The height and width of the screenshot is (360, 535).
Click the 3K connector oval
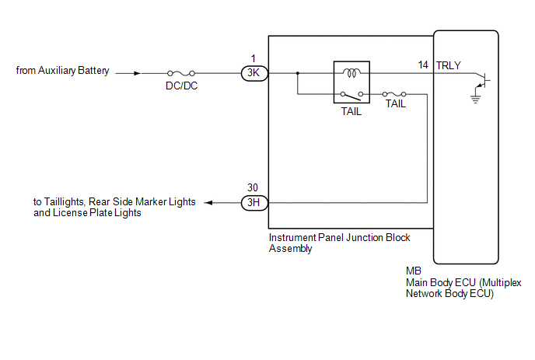(254, 74)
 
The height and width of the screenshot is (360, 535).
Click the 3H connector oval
(254, 203)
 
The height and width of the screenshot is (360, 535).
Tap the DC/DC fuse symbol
(181, 74)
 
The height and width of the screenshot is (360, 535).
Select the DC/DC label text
(182, 86)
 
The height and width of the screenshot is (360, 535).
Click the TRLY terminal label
(449, 66)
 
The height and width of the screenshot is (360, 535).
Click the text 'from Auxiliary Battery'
(63, 72)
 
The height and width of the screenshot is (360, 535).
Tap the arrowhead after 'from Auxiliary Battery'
(138, 74)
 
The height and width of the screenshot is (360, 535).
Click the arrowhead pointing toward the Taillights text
(211, 203)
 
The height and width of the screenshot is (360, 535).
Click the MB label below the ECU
(413, 271)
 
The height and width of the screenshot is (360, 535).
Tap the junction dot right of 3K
(297, 74)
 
